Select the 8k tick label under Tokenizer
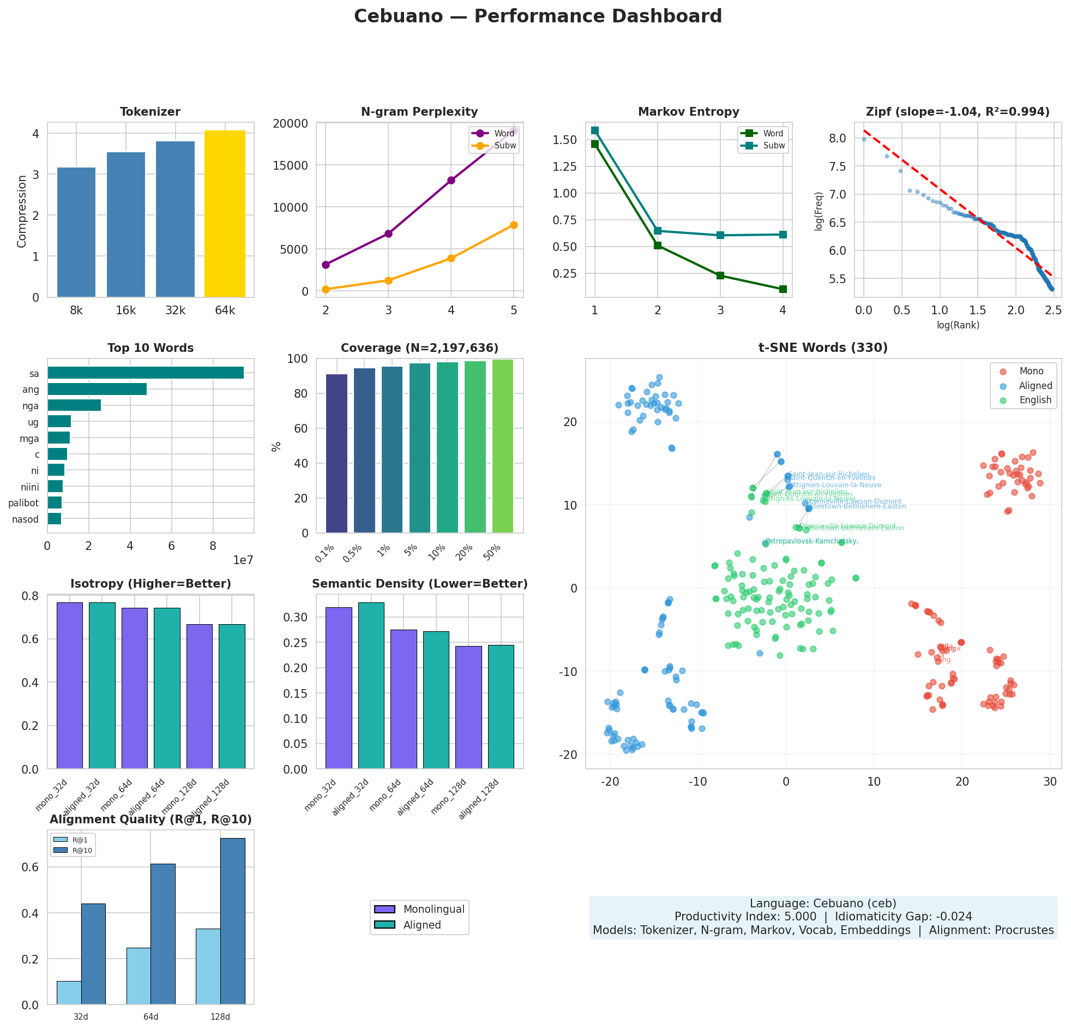(76, 310)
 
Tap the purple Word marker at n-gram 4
(451, 181)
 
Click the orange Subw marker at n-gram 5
(514, 225)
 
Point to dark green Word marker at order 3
(720, 276)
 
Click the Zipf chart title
(958, 112)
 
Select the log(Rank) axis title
(958, 325)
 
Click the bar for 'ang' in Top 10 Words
(97, 390)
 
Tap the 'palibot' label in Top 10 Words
(23, 503)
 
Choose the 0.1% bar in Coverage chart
(336, 453)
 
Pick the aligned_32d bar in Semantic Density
(371, 686)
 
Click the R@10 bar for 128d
(233, 922)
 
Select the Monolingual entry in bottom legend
(434, 910)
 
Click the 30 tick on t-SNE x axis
(1050, 782)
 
